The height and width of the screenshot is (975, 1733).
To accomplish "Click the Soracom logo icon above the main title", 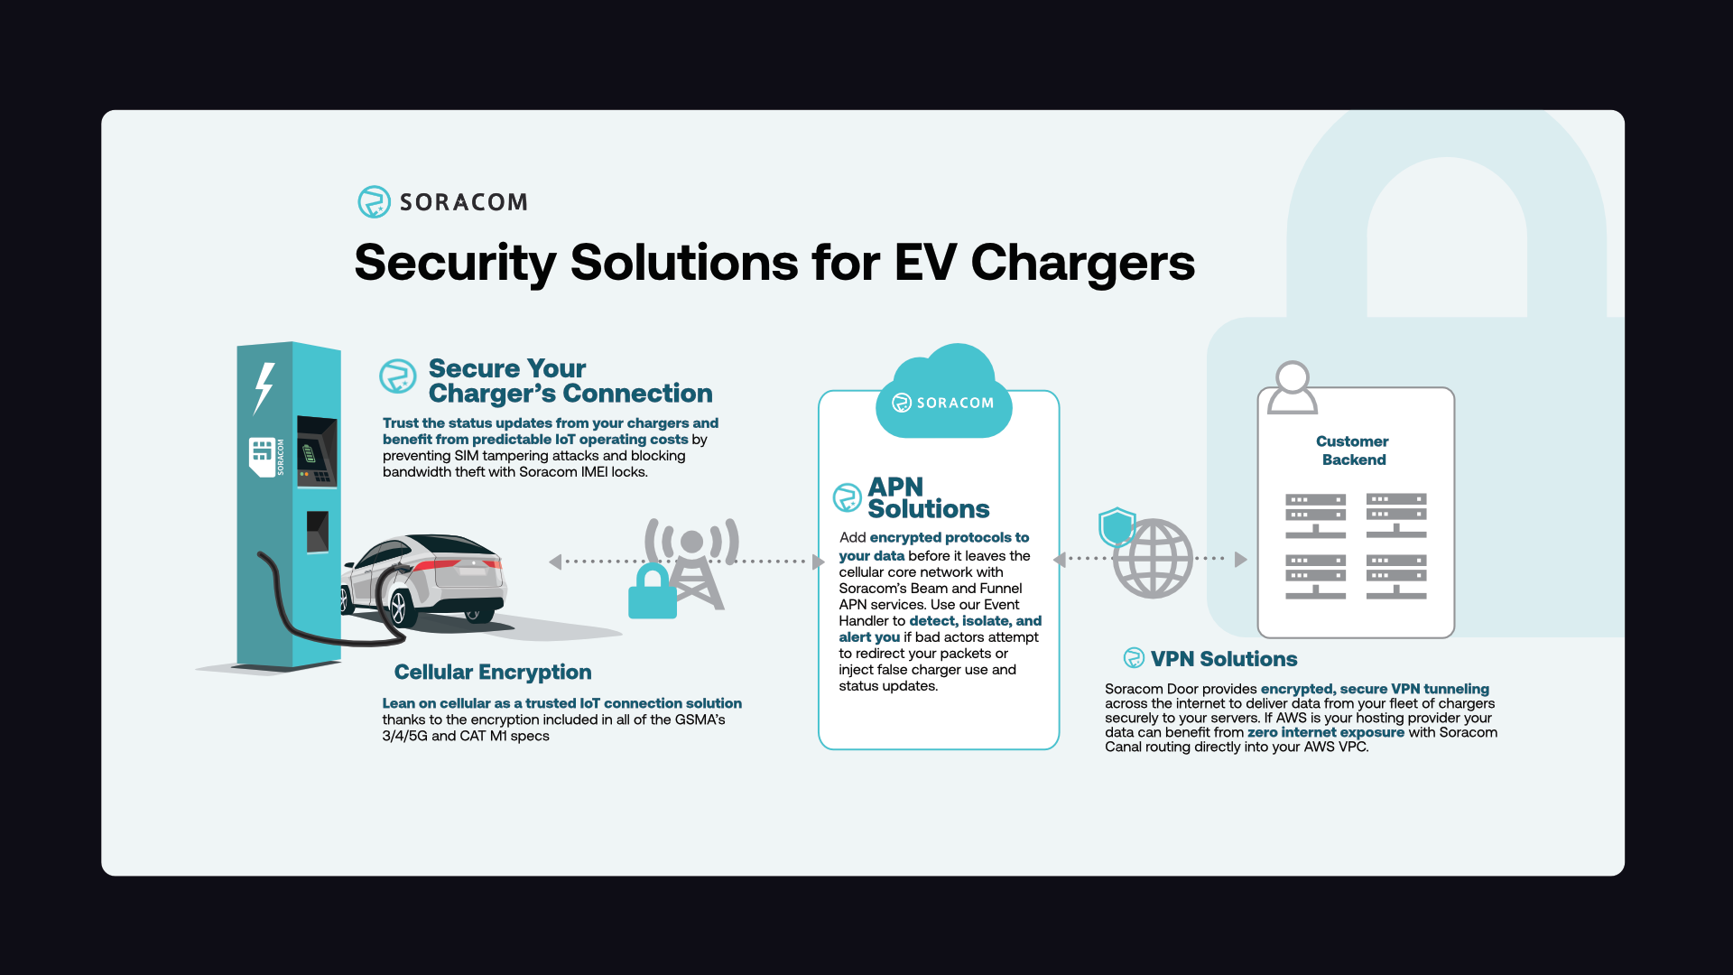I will click(374, 201).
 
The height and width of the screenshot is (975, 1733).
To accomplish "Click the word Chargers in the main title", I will click(1082, 263).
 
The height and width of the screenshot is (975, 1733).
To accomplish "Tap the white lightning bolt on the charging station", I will click(264, 387).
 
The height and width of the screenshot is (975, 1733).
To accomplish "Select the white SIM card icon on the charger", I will click(262, 457).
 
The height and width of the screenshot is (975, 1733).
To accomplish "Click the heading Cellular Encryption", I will click(493, 672).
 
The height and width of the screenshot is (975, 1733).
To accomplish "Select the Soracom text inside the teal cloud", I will click(954, 403).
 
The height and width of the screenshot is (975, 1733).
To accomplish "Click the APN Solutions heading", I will click(928, 498).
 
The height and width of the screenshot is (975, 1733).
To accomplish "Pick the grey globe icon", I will click(1154, 559).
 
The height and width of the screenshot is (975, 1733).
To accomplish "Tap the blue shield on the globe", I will click(1117, 526).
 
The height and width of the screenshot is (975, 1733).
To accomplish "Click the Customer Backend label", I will click(1353, 450).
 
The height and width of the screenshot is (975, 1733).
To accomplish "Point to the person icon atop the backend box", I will click(1293, 388).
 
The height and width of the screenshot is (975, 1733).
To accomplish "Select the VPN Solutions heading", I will click(1223, 659).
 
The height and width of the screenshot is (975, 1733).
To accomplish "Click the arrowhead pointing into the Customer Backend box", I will click(1241, 560).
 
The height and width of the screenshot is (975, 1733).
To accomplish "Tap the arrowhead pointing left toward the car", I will click(555, 562).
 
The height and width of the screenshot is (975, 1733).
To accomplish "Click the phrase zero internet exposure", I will click(1325, 732).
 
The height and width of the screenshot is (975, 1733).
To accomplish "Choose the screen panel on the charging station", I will click(315, 450).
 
